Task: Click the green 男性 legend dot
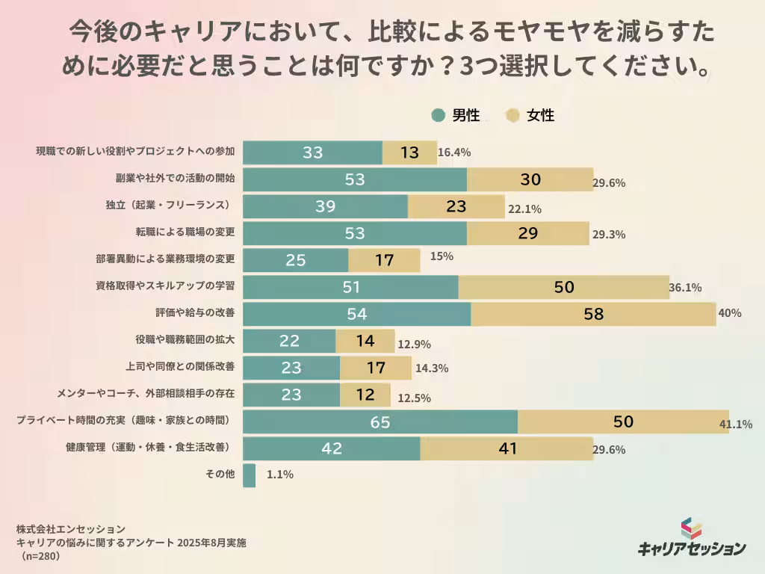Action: pos(439,116)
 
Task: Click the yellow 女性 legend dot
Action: pos(512,116)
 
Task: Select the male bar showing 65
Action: pos(380,422)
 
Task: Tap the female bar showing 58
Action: pos(593,315)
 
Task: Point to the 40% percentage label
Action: pos(729,313)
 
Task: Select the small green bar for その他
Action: pos(250,475)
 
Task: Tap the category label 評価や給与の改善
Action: pos(194,312)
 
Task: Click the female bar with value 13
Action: pos(409,152)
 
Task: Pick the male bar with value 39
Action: pos(326,207)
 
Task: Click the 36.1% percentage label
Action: pos(686,288)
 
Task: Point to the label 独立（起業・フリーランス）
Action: pos(171,205)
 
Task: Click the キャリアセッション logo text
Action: pos(692,549)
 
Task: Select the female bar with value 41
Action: pos(507,449)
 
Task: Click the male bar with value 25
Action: pos(296,261)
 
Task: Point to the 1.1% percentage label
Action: pos(279,475)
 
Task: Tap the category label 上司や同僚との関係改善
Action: pos(180,366)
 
